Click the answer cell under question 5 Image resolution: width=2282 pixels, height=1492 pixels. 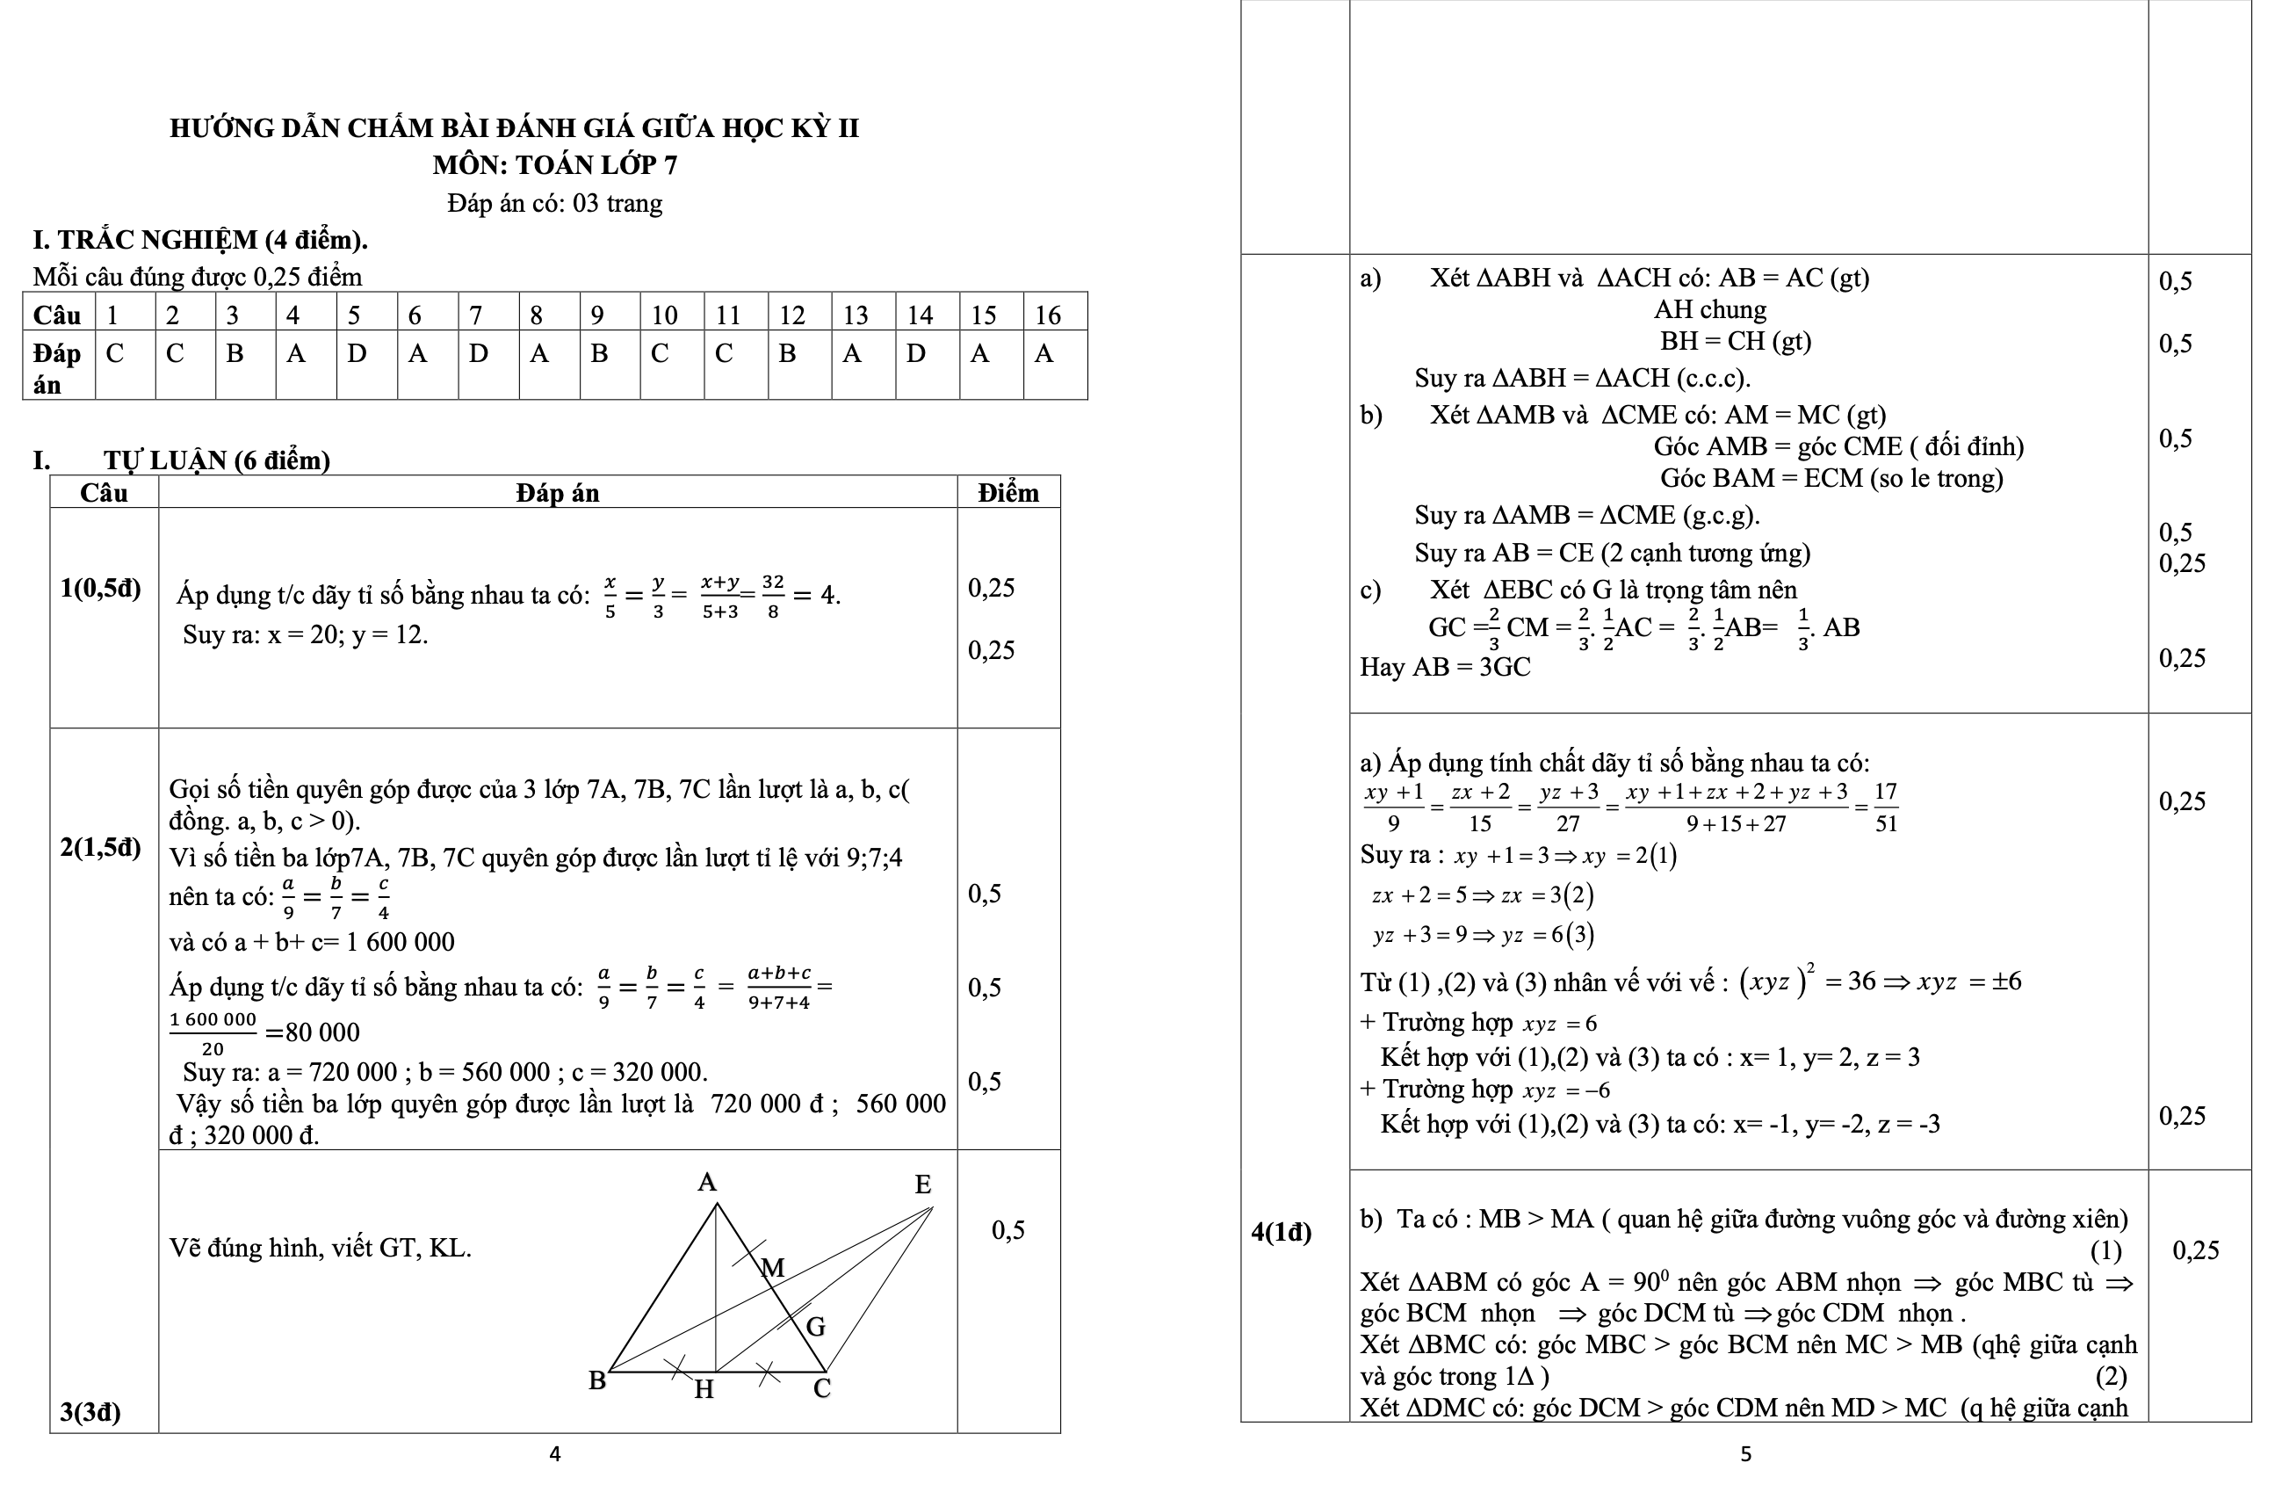(x=366, y=365)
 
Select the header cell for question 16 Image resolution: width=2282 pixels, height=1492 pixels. (x=1055, y=315)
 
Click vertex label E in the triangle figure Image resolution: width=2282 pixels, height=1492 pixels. (x=922, y=1184)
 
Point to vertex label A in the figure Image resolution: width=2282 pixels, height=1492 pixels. (x=707, y=1183)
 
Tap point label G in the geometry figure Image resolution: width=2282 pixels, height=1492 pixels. (x=815, y=1327)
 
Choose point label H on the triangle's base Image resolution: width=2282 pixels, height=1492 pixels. (x=704, y=1390)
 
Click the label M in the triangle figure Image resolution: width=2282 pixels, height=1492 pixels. (x=773, y=1269)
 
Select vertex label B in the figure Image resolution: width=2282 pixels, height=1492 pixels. (x=596, y=1380)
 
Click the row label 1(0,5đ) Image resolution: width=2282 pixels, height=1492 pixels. (x=101, y=588)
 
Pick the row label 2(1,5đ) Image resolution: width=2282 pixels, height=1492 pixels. (x=101, y=847)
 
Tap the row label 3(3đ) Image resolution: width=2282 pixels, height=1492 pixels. (x=90, y=1411)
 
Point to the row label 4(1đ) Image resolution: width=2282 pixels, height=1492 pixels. (x=1281, y=1231)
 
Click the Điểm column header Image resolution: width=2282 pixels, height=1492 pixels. (x=1007, y=493)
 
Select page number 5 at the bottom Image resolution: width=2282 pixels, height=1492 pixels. (x=1745, y=1454)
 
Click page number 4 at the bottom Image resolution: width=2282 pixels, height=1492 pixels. (x=554, y=1454)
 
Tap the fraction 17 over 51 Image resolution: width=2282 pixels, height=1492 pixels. (x=1885, y=808)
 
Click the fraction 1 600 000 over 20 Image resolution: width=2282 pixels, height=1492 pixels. (x=213, y=1033)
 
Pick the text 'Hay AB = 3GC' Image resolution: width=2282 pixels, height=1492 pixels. (x=1445, y=666)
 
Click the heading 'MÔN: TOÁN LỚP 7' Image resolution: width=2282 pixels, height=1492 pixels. (x=554, y=165)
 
